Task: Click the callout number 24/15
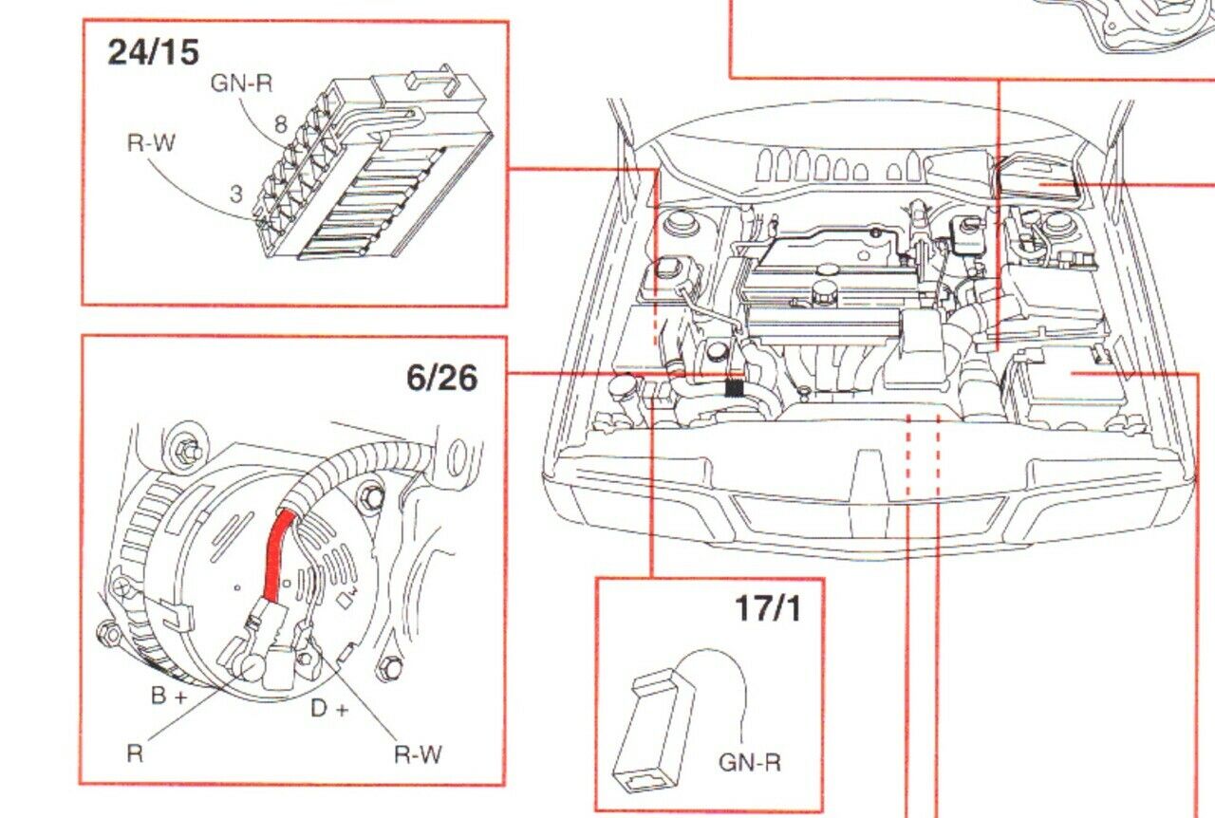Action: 153,51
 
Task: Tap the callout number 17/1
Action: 767,608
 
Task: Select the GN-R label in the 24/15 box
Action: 241,84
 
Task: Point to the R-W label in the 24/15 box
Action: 152,145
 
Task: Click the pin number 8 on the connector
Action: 280,124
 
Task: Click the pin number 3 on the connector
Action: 237,194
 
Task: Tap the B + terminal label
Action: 171,696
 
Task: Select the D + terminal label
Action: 330,708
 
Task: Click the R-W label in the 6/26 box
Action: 418,754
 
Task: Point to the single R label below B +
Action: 135,754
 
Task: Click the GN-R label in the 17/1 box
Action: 749,761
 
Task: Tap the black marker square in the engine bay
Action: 732,387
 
